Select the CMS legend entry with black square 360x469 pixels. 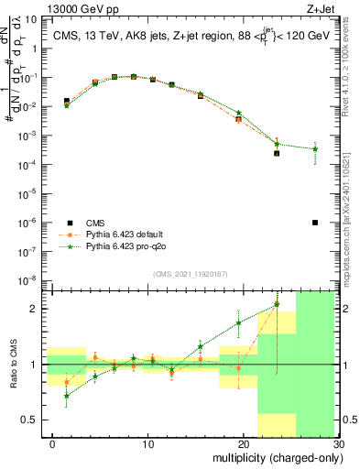coord(69,223)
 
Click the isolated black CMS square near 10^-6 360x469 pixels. coord(315,223)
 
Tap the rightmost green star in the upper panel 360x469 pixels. coord(315,148)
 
